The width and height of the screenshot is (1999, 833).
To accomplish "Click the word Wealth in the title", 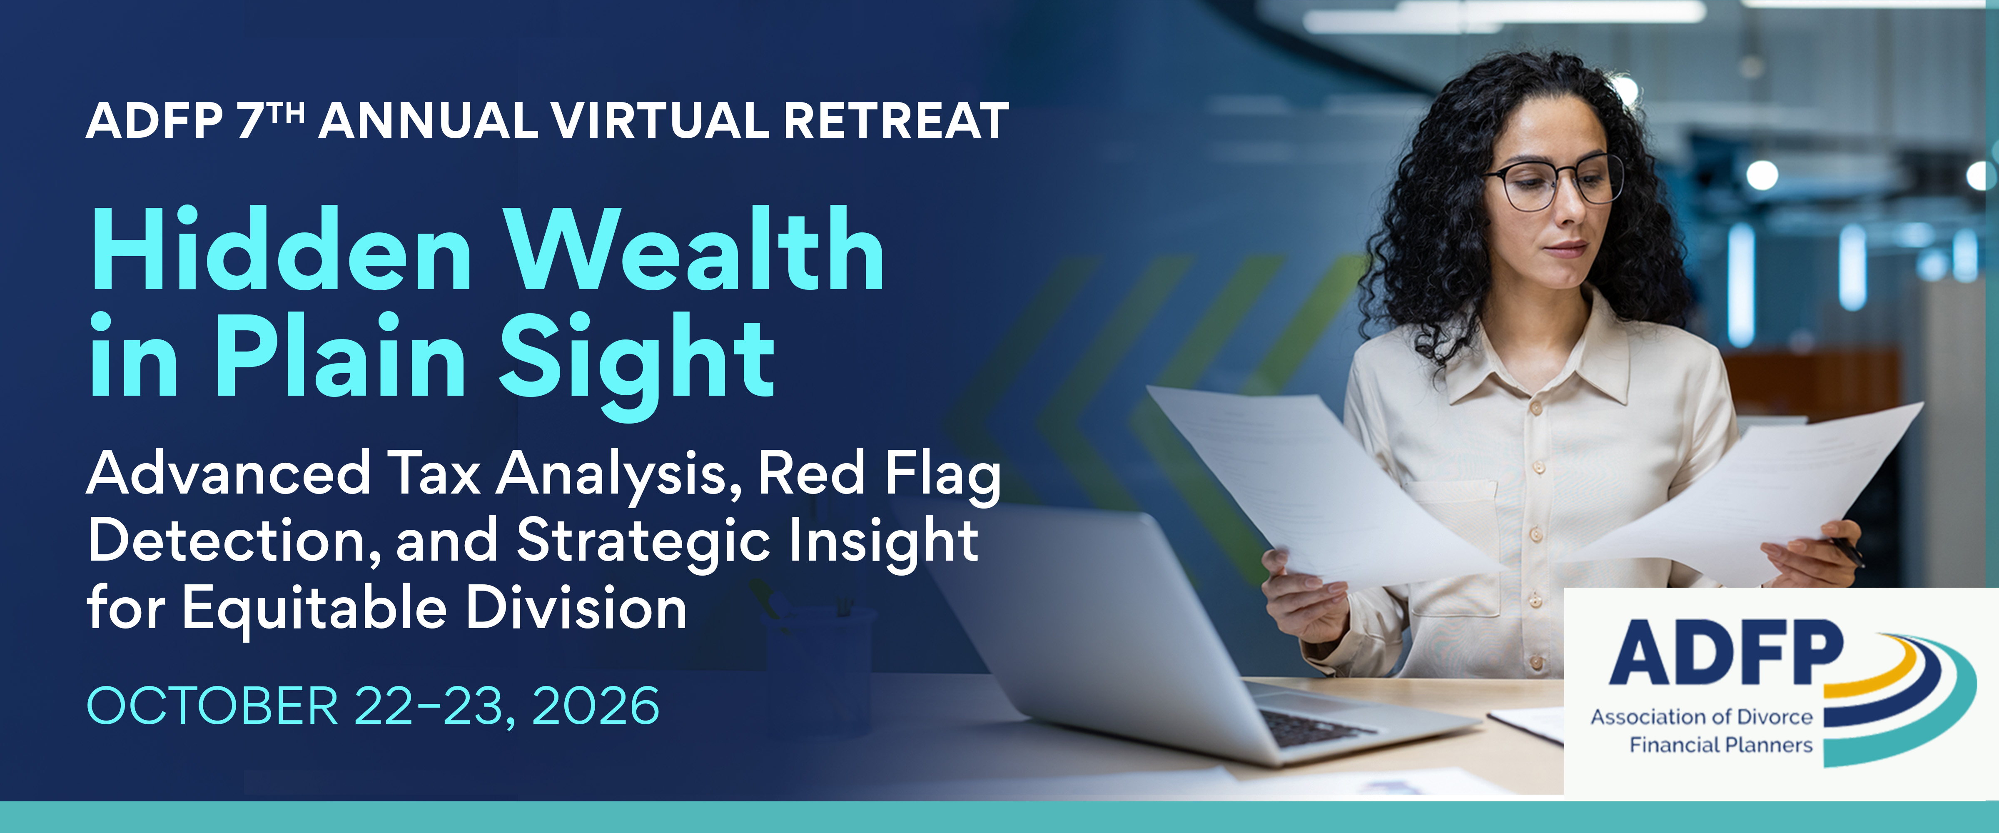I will (x=695, y=250).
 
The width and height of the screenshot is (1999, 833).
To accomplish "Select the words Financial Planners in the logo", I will (x=1720, y=745).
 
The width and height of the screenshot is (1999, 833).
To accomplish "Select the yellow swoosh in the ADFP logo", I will (x=1894, y=668).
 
